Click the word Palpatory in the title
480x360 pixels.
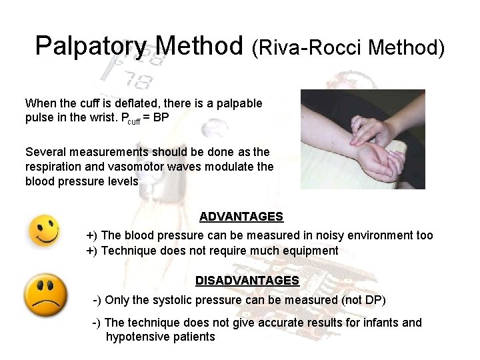pos(91,47)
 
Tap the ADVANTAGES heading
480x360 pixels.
pos(241,217)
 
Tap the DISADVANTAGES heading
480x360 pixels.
pos(247,281)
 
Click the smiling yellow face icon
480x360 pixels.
pos(43,231)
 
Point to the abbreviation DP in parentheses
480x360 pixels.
pos(375,300)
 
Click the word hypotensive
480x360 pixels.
pos(137,337)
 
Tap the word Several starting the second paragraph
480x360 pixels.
pos(45,152)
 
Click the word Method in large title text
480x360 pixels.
pos(201,47)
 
